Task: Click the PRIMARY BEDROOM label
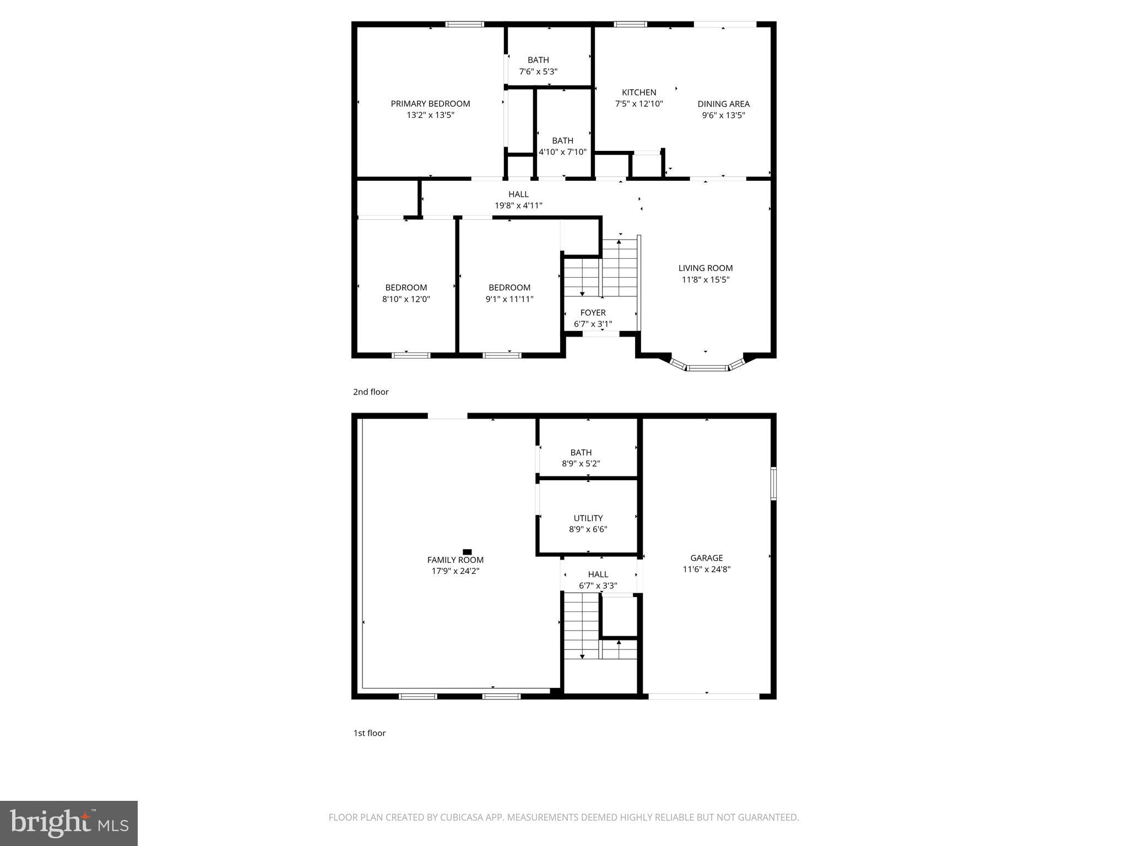[430, 104]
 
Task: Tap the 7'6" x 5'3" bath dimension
[538, 72]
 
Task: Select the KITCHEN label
[639, 93]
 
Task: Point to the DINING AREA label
[723, 104]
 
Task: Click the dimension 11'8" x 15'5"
[706, 280]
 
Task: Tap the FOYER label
[593, 312]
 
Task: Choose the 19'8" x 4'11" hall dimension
[518, 206]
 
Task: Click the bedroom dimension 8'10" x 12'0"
[406, 299]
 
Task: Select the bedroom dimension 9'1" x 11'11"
[509, 299]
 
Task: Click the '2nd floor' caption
[371, 392]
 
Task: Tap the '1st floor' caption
[369, 733]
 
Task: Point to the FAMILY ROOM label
[455, 560]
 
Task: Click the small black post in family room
[467, 551]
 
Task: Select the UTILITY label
[588, 518]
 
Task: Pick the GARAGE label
[706, 558]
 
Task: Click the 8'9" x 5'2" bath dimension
[581, 464]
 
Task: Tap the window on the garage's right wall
[773, 484]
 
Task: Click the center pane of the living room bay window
[707, 367]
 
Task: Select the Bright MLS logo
[69, 823]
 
